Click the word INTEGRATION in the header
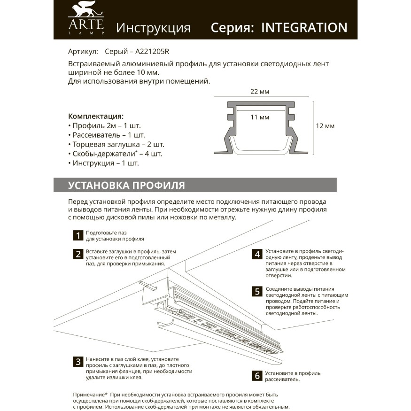pyautogui.click(x=304, y=27)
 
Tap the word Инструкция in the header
pyautogui.click(x=153, y=28)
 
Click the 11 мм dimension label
pyautogui.click(x=260, y=117)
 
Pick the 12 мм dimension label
pyautogui.click(x=325, y=126)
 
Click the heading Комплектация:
pyautogui.click(x=96, y=116)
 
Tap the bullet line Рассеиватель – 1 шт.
pyautogui.click(x=106, y=135)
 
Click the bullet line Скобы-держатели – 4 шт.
pyautogui.click(x=115, y=154)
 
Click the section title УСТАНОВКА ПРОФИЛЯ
pyautogui.click(x=126, y=185)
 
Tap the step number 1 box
pyautogui.click(x=78, y=235)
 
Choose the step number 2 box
pyautogui.click(x=78, y=254)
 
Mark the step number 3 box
pyautogui.click(x=78, y=362)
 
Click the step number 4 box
pyautogui.click(x=257, y=254)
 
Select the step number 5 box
pyautogui.click(x=257, y=292)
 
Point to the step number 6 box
pyautogui.click(x=257, y=376)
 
